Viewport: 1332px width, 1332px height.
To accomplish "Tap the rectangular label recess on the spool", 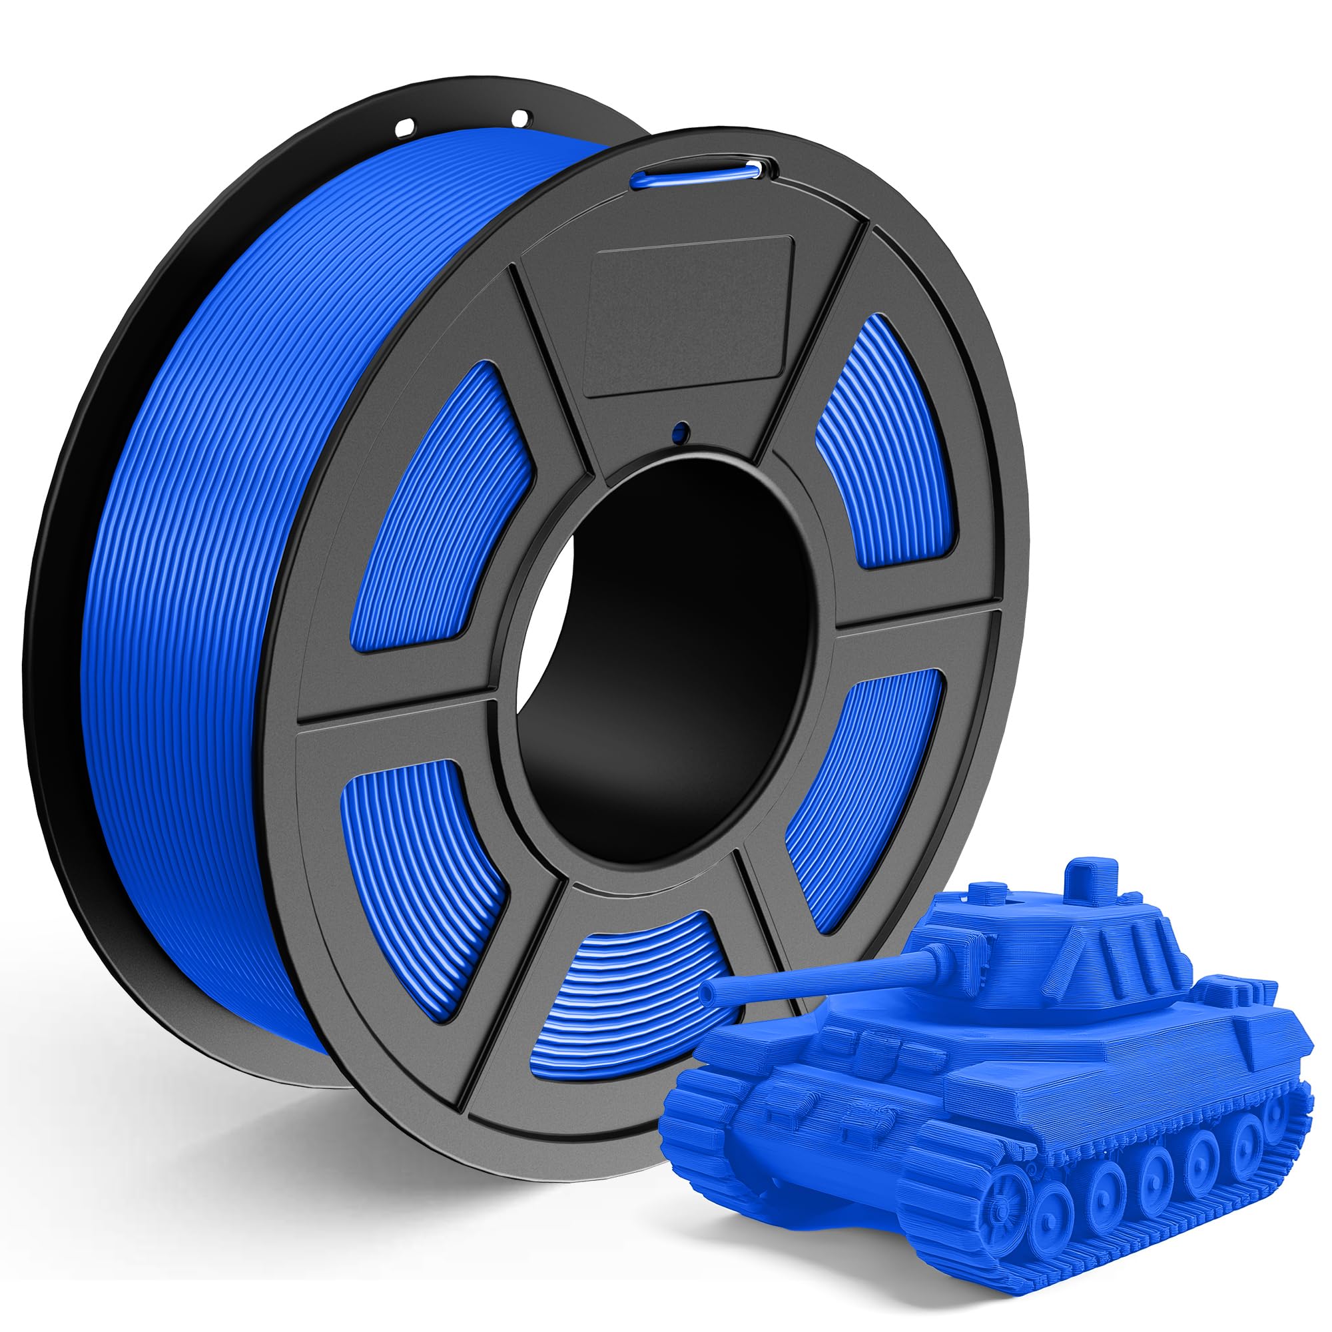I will pyautogui.click(x=688, y=316).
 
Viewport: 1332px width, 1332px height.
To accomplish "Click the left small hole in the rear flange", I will pyautogui.click(x=406, y=127).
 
